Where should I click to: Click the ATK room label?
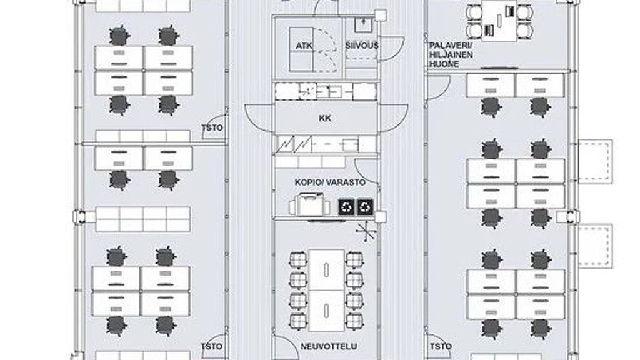coord(304,46)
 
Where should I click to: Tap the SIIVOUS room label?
coord(362,46)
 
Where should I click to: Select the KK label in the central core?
coord(325,118)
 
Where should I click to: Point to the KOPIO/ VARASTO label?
coord(330,182)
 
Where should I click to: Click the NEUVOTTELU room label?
coord(329,346)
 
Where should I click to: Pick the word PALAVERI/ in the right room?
coord(451,45)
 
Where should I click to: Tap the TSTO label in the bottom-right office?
coord(441,347)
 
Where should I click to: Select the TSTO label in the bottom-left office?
coord(212,347)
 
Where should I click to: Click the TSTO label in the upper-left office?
coord(212,127)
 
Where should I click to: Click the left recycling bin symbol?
coord(346,207)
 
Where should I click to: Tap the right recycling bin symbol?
coord(365,207)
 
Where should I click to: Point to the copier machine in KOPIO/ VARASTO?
coord(309,204)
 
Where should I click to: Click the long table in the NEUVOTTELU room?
coord(326,290)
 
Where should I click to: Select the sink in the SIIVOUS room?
coord(363,24)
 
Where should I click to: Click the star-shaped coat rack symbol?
coord(366,231)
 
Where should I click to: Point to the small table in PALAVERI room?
coord(499,21)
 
